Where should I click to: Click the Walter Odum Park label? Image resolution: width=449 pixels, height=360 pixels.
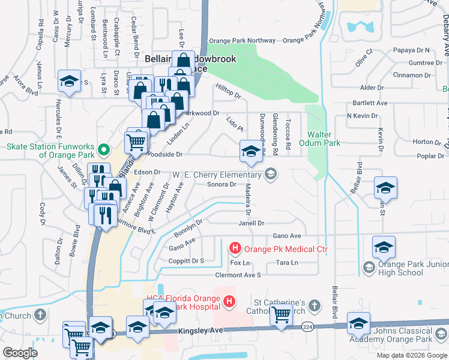[324, 139]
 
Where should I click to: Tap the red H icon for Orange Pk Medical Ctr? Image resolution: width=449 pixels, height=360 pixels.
[235, 247]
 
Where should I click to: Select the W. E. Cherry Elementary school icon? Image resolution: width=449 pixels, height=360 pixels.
[271, 175]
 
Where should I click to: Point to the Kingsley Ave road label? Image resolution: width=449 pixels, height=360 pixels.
[200, 331]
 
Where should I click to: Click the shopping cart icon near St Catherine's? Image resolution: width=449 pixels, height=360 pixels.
[281, 315]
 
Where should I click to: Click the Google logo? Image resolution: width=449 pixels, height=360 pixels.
[20, 353]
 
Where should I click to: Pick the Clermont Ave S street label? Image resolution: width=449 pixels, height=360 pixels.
[238, 275]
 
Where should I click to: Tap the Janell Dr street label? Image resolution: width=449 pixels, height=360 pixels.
[252, 223]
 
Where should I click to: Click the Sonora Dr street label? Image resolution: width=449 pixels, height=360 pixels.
[221, 184]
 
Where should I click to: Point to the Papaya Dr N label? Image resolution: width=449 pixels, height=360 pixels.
[409, 50]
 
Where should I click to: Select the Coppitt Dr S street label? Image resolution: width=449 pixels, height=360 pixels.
[186, 261]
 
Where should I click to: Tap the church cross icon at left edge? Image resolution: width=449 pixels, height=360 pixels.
[40, 314]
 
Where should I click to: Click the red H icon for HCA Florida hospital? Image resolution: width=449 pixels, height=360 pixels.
[228, 302]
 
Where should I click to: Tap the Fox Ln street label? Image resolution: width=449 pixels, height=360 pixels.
[240, 263]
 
